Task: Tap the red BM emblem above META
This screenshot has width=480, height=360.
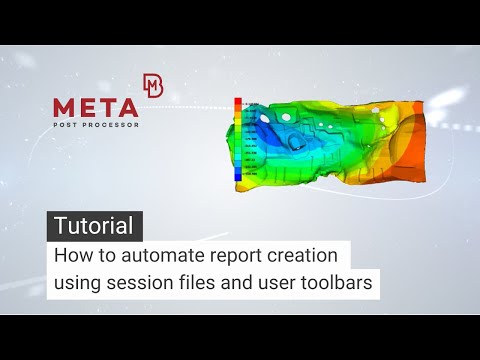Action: pyautogui.click(x=153, y=85)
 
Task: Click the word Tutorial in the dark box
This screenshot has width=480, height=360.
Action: pyautogui.click(x=95, y=226)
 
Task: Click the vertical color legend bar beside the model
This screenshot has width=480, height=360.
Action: pyautogui.click(x=238, y=140)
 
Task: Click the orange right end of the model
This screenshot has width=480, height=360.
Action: pyautogui.click(x=410, y=150)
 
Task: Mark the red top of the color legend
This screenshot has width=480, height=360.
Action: pyautogui.click(x=238, y=104)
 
